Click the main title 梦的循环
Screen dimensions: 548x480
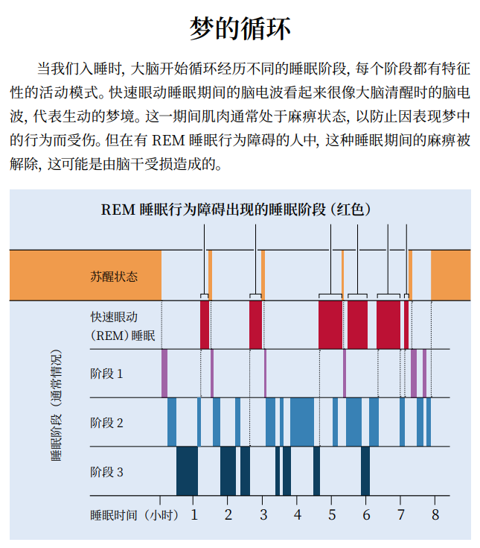point(240,29)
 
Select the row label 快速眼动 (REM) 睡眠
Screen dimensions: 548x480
point(122,325)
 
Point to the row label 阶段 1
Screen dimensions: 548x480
point(106,373)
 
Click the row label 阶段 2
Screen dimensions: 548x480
point(106,423)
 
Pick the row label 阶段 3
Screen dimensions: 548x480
point(106,471)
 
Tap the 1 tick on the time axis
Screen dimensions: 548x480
point(194,514)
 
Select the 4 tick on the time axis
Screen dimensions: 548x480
point(297,514)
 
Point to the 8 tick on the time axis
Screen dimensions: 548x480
point(435,514)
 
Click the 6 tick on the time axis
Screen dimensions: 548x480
point(366,514)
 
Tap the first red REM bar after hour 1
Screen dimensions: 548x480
point(205,324)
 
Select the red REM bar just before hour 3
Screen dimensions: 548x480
point(255,324)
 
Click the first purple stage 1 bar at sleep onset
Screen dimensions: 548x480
point(164,373)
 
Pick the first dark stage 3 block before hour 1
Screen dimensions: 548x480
point(187,470)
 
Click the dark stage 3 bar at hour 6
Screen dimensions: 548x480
point(365,470)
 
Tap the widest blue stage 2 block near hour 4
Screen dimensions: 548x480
point(302,422)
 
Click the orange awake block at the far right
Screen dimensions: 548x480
point(450,276)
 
